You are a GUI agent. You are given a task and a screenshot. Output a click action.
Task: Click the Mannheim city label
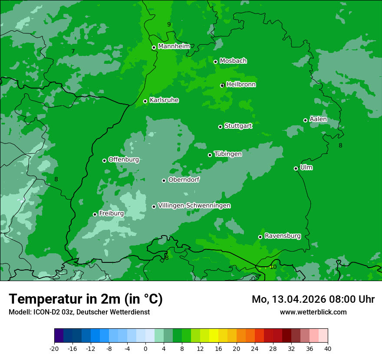tap(174, 46)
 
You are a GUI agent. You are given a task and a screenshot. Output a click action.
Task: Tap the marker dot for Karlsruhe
tap(145, 101)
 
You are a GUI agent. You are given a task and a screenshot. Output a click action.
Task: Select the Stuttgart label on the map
tap(238, 126)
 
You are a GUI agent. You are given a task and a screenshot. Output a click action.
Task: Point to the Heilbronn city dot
tap(222, 85)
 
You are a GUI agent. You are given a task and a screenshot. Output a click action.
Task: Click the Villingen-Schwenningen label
tap(194, 206)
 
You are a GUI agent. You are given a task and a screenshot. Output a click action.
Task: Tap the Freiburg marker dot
tap(95, 214)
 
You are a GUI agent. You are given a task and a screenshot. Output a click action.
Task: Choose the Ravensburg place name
tap(283, 236)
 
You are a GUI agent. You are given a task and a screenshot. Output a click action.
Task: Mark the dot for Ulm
tap(296, 168)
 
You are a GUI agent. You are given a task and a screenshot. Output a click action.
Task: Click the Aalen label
tap(318, 119)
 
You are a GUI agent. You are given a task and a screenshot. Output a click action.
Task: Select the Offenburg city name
tap(124, 160)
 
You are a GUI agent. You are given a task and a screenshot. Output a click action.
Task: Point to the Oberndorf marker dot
tap(164, 180)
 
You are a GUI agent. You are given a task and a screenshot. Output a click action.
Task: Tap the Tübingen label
tap(228, 154)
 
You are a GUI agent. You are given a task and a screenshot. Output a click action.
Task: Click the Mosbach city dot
tap(215, 62)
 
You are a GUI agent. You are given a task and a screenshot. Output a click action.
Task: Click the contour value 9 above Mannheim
tap(169, 24)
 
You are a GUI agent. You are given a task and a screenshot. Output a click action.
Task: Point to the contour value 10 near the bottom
tap(273, 267)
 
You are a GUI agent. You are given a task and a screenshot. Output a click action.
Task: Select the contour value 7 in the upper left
tap(73, 52)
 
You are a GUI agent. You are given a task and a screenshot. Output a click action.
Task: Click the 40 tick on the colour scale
tap(327, 348)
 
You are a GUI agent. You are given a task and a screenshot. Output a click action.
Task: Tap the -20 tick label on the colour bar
tap(54, 348)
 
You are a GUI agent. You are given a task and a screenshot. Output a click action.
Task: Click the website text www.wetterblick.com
tap(313, 312)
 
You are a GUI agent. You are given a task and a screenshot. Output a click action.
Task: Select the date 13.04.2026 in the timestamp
tap(300, 299)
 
